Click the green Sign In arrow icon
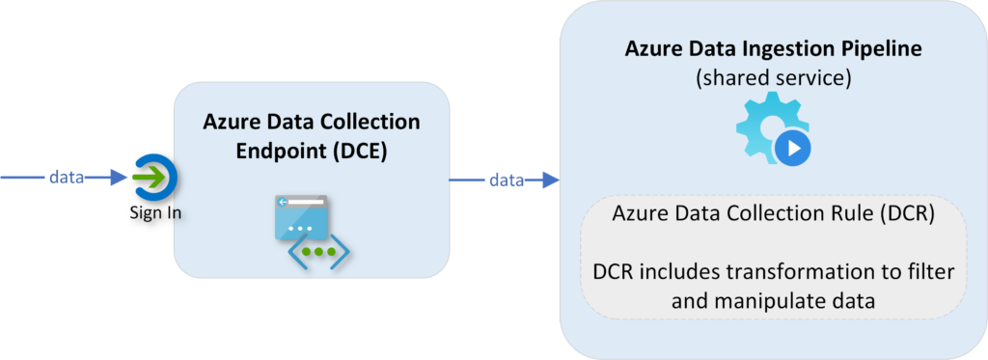coord(151,179)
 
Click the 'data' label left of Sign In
coord(67,178)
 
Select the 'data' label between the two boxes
coord(506,180)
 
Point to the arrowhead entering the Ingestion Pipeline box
coord(551,180)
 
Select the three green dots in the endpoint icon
coord(314,253)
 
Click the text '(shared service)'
coord(773,79)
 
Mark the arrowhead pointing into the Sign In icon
coord(119,178)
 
